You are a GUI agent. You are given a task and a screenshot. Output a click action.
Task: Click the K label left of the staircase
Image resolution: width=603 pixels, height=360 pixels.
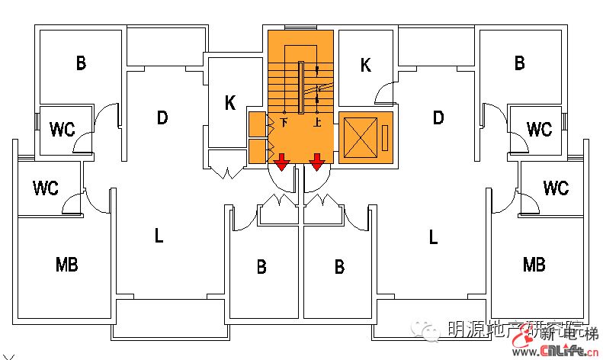[x=230, y=104]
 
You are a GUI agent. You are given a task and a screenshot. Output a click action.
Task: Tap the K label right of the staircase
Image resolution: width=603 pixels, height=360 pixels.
[x=365, y=66]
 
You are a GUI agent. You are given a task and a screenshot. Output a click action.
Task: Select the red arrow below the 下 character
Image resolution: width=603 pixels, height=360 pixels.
[x=281, y=162]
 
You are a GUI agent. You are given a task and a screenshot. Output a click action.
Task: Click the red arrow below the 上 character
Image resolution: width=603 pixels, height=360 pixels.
[x=317, y=162]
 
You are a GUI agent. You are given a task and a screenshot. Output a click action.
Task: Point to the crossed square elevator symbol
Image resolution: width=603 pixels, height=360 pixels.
[x=361, y=138]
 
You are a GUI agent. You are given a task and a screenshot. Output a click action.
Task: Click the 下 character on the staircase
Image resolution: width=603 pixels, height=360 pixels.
[x=284, y=122]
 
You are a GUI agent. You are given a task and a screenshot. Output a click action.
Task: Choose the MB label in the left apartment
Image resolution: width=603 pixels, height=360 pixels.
[x=67, y=265]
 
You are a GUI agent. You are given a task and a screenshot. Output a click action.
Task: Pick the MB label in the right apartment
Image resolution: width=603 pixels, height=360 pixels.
[x=534, y=265]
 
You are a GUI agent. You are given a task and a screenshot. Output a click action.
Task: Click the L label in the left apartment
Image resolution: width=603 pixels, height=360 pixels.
[x=159, y=236]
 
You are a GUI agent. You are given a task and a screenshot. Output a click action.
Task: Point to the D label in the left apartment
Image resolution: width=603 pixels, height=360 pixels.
[x=162, y=117]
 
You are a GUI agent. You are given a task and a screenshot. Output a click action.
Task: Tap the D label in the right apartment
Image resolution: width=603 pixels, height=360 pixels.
[x=438, y=117]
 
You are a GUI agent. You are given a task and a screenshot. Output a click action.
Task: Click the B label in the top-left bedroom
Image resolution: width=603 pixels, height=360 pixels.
[x=81, y=63]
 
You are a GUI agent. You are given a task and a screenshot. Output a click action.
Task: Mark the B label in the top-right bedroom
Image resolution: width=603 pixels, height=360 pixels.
[x=519, y=63]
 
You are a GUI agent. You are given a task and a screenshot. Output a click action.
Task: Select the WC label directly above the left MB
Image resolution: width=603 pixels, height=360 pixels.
[x=46, y=188]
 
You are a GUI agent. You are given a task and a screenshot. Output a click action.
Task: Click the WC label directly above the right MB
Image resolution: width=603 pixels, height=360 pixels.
[x=556, y=188]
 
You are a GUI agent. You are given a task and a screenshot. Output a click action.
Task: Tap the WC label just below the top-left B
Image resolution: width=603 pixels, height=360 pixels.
[x=63, y=130]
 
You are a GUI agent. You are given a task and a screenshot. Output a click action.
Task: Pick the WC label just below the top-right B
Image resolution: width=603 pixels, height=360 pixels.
[x=539, y=130]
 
